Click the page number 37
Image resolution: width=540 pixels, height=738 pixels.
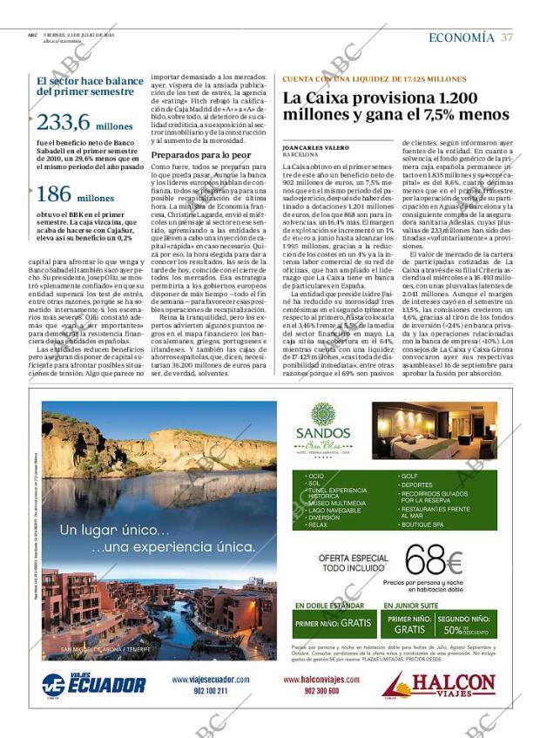click(x=507, y=37)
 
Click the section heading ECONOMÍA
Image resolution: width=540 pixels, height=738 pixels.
click(x=461, y=37)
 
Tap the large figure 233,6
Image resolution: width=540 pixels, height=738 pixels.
click(x=63, y=123)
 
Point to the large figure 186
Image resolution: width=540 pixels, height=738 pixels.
click(x=53, y=194)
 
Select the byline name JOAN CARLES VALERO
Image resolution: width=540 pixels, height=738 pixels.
click(x=315, y=149)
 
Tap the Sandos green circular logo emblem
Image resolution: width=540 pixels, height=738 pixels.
click(x=323, y=414)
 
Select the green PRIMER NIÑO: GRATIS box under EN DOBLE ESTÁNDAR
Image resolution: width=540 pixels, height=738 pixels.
click(x=333, y=623)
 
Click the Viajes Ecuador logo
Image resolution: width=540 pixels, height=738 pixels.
click(x=93, y=683)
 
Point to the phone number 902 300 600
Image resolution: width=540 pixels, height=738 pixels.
click(x=321, y=691)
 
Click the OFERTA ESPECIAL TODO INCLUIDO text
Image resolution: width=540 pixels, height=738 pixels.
click(x=341, y=562)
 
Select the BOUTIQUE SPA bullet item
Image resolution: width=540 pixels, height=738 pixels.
click(x=424, y=525)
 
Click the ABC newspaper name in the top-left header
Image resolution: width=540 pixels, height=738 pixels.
click(x=31, y=35)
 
